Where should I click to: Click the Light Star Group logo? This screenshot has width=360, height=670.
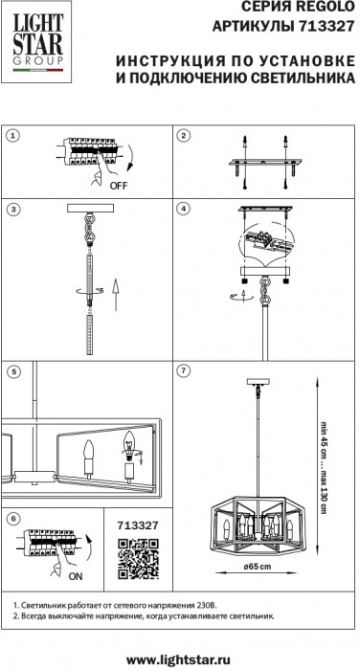[x=37, y=42]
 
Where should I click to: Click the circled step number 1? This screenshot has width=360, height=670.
[x=13, y=136]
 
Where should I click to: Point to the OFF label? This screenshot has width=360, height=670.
[x=119, y=186]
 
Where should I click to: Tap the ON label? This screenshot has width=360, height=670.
[x=76, y=576]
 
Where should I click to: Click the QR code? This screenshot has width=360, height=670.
[x=138, y=559]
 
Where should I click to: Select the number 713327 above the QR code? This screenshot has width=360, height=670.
[x=138, y=525]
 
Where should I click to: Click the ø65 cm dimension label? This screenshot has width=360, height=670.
[x=257, y=567]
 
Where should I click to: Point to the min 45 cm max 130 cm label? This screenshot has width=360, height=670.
[x=324, y=467]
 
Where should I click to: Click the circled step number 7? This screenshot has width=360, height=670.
[x=184, y=371]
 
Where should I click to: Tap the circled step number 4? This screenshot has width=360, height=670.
[x=184, y=209]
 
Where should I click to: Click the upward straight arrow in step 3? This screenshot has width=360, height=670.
[x=115, y=295]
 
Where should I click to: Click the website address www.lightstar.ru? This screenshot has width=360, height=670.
[x=179, y=659]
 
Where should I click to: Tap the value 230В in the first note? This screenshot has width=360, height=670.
[x=209, y=605]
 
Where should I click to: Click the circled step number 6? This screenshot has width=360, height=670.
[x=13, y=518]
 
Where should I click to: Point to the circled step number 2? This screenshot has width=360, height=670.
[x=184, y=136]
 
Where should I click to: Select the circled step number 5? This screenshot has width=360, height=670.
[x=13, y=371]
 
